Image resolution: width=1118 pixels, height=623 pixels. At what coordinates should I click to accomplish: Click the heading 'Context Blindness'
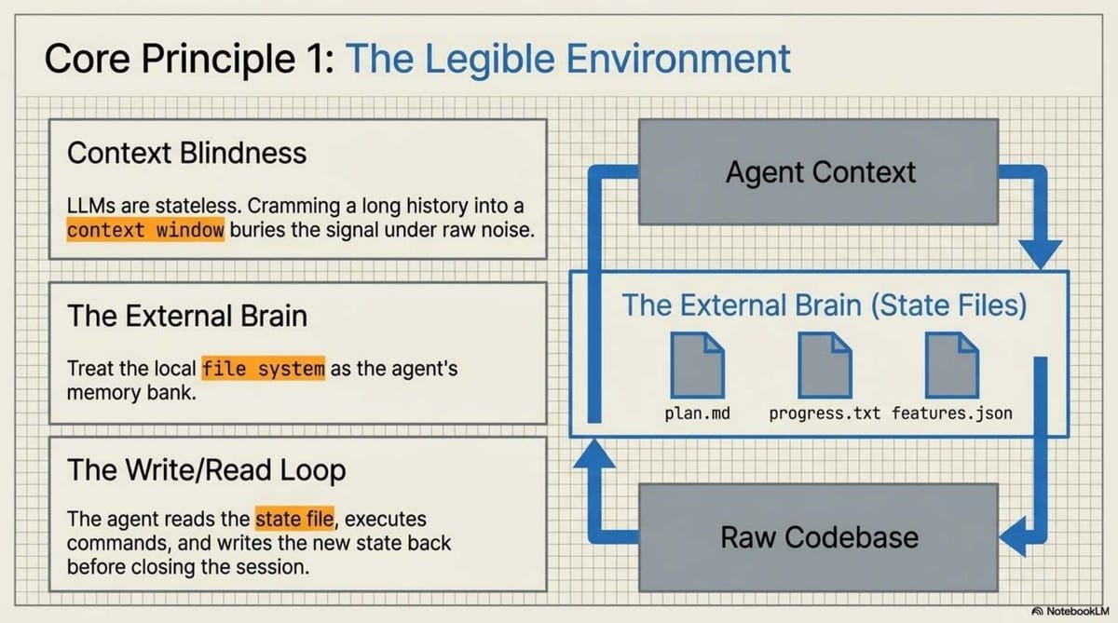(x=186, y=153)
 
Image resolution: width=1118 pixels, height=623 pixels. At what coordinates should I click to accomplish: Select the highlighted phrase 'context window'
(x=146, y=230)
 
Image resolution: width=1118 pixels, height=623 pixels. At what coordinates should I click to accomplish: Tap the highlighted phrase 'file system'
(x=264, y=368)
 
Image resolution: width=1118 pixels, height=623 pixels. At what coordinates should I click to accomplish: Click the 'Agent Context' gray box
(x=820, y=172)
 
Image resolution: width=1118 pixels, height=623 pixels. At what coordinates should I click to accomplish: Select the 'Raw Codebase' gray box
(x=819, y=536)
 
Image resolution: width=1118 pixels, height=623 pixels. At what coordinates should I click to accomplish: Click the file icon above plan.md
(x=697, y=366)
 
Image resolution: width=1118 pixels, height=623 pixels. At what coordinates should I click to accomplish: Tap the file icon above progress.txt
(x=824, y=366)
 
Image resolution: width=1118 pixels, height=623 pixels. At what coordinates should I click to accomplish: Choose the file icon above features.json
(x=950, y=366)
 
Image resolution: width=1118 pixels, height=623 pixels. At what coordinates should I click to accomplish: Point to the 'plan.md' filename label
(x=697, y=413)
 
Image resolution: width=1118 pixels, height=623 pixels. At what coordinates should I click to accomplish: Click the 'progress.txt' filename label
(x=824, y=413)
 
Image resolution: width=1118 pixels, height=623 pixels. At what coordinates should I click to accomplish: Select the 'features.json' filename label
(x=951, y=413)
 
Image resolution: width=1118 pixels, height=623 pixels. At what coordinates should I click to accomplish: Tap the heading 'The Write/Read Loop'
(x=206, y=470)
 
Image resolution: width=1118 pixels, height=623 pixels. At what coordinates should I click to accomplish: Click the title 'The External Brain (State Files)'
(x=824, y=305)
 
